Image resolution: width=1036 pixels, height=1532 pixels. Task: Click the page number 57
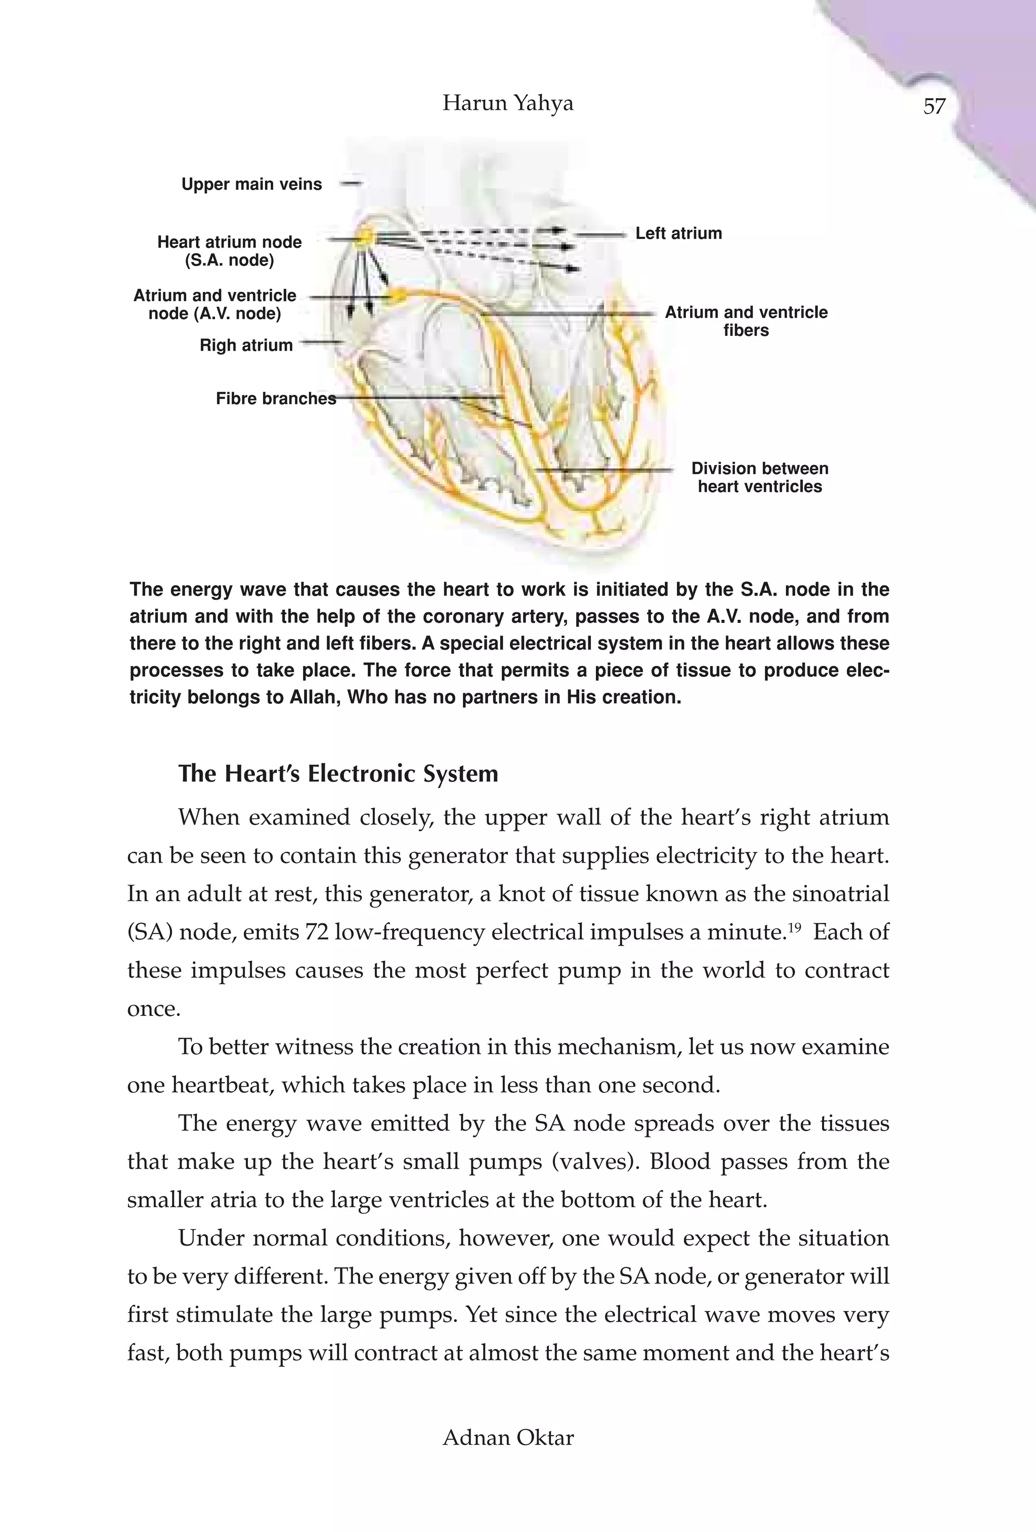(934, 106)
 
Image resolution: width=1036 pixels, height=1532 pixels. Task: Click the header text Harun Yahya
(507, 103)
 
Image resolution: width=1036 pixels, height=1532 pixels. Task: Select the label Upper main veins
(252, 185)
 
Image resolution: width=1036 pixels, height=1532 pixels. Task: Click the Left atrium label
(678, 233)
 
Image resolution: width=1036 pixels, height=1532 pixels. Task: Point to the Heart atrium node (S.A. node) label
(229, 251)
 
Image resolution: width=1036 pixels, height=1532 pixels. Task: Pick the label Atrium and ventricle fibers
(746, 321)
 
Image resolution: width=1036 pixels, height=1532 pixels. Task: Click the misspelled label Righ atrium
(246, 346)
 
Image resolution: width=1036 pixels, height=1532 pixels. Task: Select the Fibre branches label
(276, 399)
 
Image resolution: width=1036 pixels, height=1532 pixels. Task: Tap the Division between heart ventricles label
(759, 477)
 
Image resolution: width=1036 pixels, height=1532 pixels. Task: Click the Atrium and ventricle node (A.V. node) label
(215, 305)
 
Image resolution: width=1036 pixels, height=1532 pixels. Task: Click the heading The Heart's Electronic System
(338, 773)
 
